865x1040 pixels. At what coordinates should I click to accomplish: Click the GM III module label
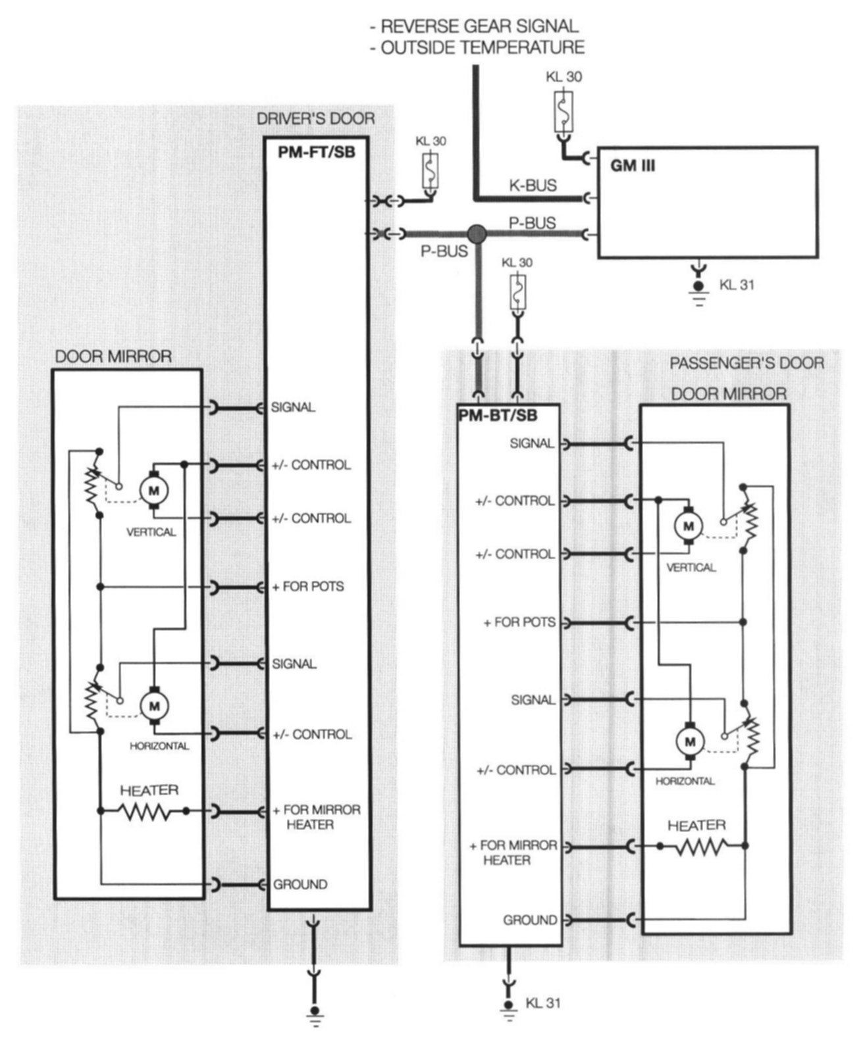[x=632, y=166]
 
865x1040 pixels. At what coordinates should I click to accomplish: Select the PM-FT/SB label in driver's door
[x=316, y=153]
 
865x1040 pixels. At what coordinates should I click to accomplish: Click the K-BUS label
[x=533, y=186]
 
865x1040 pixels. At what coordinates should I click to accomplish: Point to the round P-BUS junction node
[x=477, y=234]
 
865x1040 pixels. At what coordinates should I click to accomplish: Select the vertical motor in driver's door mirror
[x=154, y=491]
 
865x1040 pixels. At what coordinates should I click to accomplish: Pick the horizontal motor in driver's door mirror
[x=155, y=706]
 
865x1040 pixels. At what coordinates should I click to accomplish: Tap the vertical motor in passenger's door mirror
[x=689, y=526]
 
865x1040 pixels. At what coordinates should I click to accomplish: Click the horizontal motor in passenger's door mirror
[x=690, y=742]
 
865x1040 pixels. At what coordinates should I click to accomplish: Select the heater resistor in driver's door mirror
[x=144, y=812]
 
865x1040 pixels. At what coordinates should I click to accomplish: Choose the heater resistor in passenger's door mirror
[x=701, y=847]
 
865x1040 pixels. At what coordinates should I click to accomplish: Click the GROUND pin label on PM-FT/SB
[x=300, y=885]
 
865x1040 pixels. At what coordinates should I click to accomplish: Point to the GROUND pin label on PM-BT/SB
[x=530, y=920]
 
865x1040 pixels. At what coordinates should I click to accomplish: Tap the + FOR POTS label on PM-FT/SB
[x=308, y=587]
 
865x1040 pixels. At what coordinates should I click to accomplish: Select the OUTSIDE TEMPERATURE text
[x=477, y=47]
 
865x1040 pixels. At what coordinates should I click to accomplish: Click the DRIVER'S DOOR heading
[x=315, y=119]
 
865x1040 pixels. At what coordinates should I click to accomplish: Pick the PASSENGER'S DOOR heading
[x=747, y=364]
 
